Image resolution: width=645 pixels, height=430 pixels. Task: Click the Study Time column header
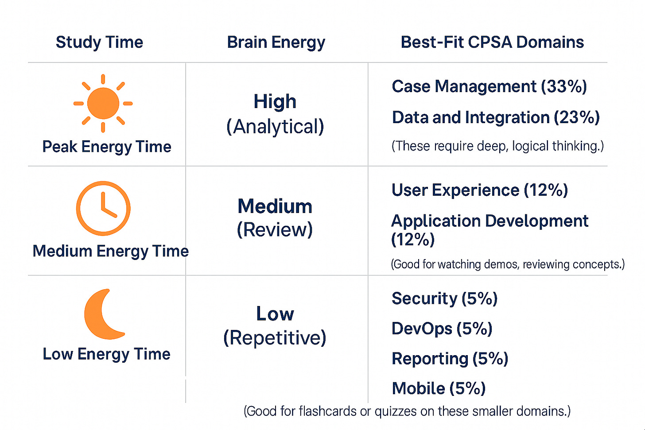(x=99, y=42)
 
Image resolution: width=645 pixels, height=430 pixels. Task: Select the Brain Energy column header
(x=276, y=42)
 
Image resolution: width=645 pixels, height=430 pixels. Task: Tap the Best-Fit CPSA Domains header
(x=492, y=42)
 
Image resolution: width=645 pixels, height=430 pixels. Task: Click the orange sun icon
(x=103, y=103)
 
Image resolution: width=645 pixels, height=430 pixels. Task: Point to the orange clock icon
(x=103, y=208)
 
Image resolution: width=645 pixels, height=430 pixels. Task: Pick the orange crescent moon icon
(x=103, y=314)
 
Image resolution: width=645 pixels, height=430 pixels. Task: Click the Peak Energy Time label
(x=107, y=147)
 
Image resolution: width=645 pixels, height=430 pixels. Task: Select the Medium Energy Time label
(x=111, y=251)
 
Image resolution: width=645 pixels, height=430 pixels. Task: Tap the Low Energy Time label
(x=107, y=354)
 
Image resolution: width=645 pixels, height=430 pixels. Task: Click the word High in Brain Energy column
(x=275, y=101)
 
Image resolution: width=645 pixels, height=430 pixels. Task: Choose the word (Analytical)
(x=275, y=127)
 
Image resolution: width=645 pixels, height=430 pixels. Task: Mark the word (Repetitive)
(x=275, y=338)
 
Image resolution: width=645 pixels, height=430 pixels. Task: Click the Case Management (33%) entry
(x=489, y=86)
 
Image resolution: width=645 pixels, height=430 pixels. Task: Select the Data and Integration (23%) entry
(x=496, y=117)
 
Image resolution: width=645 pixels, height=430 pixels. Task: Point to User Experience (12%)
(x=480, y=190)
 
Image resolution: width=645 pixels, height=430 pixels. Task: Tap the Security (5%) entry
(x=445, y=298)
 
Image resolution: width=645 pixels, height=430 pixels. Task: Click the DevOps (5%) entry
(x=442, y=329)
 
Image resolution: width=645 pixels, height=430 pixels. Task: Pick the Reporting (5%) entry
(x=450, y=359)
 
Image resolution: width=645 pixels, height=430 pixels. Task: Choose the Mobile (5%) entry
(x=439, y=388)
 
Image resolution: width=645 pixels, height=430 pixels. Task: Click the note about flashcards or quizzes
(x=407, y=411)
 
